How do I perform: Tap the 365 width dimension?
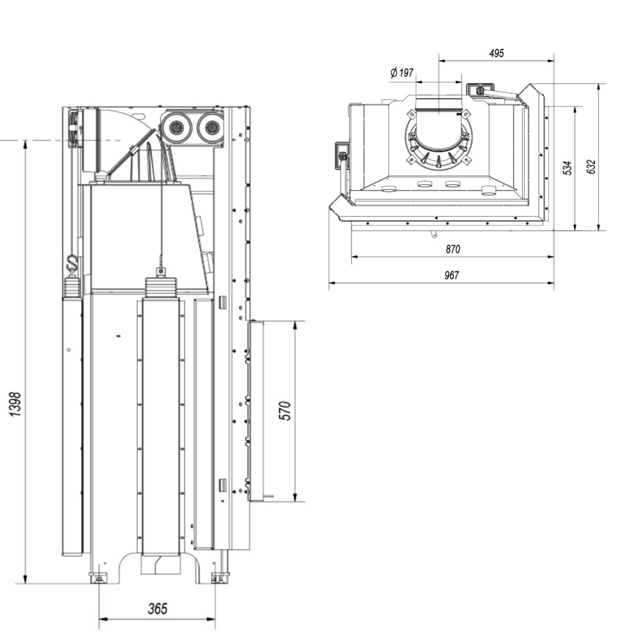tap(157, 609)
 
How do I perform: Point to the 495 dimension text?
tap(496, 53)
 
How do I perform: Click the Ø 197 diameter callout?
tap(402, 73)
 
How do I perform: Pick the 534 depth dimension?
tap(567, 167)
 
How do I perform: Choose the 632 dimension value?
tap(591, 167)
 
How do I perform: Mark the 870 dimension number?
tap(453, 249)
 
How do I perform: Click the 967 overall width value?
tap(452, 276)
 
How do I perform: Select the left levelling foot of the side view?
tap(99, 578)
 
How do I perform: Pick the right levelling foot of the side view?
tap(216, 578)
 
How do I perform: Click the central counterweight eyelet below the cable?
tap(159, 272)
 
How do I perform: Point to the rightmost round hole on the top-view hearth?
tap(488, 190)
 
